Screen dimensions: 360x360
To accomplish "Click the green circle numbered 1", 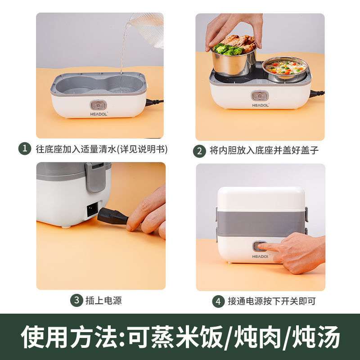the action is click(x=25, y=148).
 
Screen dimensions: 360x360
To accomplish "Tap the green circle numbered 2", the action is click(x=199, y=151).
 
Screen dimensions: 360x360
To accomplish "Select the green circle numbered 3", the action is click(x=76, y=300).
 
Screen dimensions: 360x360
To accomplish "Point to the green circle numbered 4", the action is click(x=218, y=301).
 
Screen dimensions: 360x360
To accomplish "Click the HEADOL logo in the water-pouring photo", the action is click(x=99, y=114).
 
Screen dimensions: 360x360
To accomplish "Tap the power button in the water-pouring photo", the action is click(x=98, y=105).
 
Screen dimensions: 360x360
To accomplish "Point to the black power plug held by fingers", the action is click(x=112, y=216).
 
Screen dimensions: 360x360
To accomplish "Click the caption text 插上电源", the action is click(x=103, y=301).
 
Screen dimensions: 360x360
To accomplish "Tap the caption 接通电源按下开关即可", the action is click(x=271, y=301).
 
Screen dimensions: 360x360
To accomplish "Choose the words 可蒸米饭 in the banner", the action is click(x=175, y=337).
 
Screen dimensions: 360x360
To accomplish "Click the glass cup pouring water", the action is click(x=148, y=29).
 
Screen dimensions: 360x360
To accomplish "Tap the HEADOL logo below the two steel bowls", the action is click(x=261, y=105).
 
